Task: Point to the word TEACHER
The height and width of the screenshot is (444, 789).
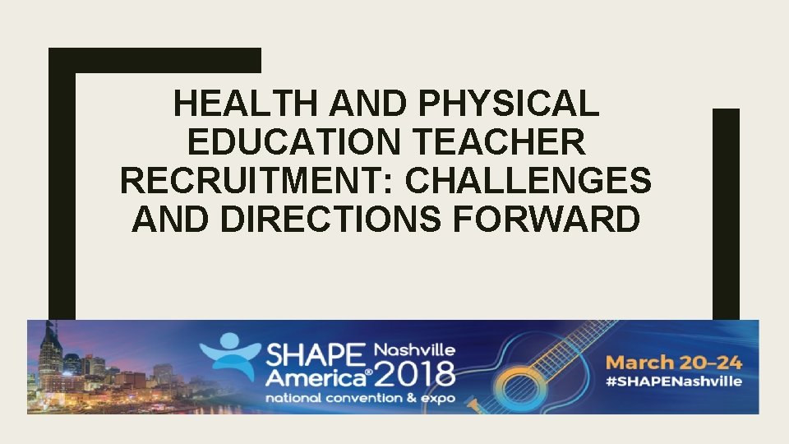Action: (x=510, y=143)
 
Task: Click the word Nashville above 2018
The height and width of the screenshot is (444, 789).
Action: (x=414, y=349)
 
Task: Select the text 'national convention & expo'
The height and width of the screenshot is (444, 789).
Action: (x=345, y=396)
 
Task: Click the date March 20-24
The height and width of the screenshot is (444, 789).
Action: (x=674, y=362)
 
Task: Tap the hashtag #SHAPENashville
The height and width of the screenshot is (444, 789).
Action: (x=674, y=381)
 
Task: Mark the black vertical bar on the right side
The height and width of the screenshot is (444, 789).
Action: (x=726, y=214)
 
